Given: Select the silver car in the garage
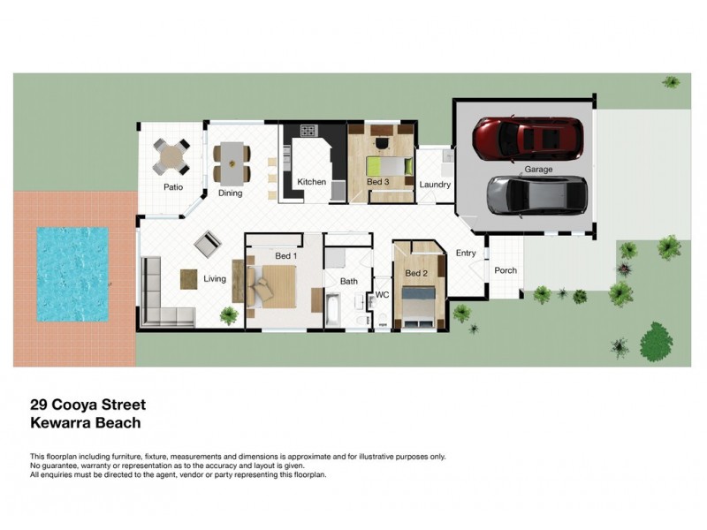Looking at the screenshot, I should [536, 193].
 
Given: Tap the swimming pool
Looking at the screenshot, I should [72, 274].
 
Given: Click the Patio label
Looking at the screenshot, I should [172, 187].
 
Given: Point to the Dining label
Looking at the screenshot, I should [231, 193].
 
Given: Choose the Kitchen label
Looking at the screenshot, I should [311, 182].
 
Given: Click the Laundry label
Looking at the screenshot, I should [435, 185].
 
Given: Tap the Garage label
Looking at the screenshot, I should [538, 169].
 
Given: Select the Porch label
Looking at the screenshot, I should [505, 271].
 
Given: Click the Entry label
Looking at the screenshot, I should [466, 254].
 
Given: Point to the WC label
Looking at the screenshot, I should [382, 294].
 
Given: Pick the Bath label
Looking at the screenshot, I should [348, 282].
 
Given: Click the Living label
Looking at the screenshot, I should [215, 279].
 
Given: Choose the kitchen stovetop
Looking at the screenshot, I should [308, 132].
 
